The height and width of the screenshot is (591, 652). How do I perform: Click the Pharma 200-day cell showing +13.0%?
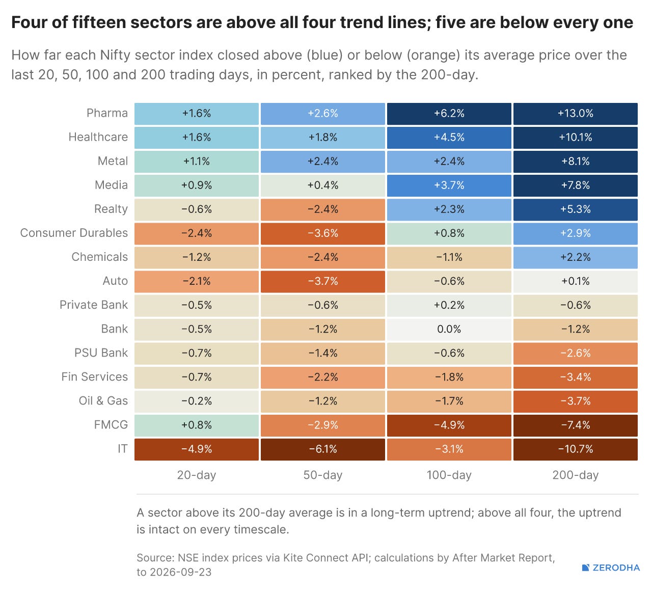[x=575, y=114]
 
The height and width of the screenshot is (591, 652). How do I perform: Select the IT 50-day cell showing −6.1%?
[x=323, y=449]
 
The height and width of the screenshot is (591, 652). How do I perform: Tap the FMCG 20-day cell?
[x=197, y=425]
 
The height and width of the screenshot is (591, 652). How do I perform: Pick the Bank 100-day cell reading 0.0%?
[x=449, y=329]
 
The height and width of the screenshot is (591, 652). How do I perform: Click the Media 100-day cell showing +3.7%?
[x=449, y=185]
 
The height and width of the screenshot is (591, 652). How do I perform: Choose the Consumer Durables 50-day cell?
[x=323, y=233]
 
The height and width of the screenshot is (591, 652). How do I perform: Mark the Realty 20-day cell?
[x=197, y=209]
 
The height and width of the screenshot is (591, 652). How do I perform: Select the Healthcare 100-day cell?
[x=449, y=138]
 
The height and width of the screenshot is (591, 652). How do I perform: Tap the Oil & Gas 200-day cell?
[x=575, y=401]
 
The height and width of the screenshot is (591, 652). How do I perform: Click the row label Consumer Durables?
[x=74, y=233]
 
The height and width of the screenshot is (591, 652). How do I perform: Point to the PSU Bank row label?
[x=101, y=353]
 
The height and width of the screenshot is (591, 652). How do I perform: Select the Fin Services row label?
[x=95, y=377]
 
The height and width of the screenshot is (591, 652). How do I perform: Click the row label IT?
[x=123, y=449]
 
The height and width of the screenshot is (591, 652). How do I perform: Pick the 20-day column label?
[x=197, y=475]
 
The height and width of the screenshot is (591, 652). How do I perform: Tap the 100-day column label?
[x=449, y=475]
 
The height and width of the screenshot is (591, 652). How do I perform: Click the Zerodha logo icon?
[x=585, y=568]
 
